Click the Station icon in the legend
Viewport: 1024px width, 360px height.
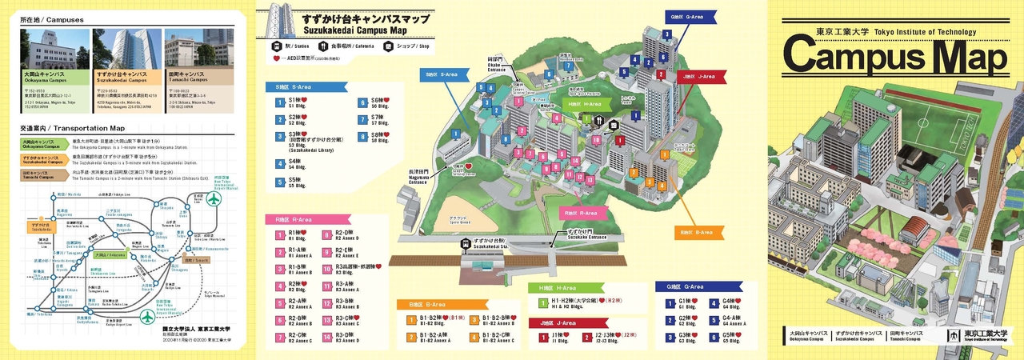276,46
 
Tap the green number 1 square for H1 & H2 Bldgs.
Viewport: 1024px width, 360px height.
542,302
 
